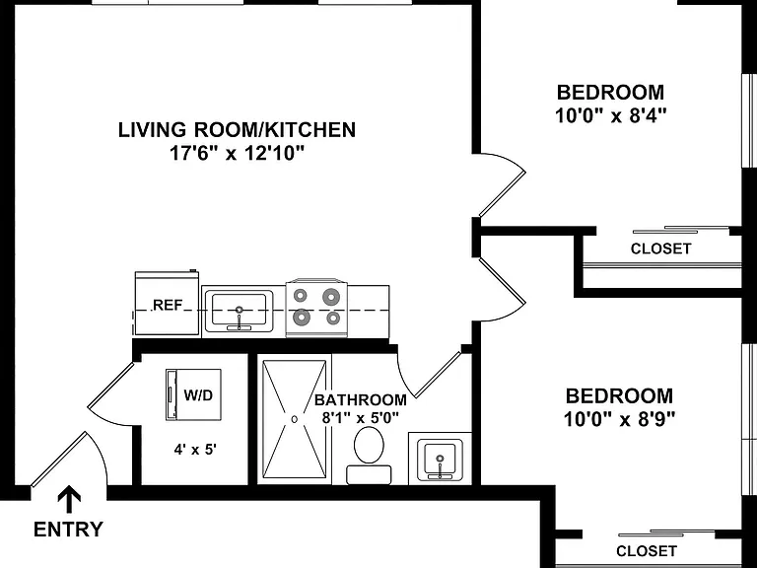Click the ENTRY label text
coord(68,530)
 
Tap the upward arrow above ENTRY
coord(69,499)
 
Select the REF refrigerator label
coord(168,306)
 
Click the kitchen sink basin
coord(239,312)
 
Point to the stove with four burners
coord(316,308)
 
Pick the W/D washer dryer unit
coord(193,394)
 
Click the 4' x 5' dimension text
coord(195,450)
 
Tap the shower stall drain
coord(294,419)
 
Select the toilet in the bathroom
coord(369,455)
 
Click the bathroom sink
coord(440,459)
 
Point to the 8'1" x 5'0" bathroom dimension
coord(360,417)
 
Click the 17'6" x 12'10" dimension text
coord(237,153)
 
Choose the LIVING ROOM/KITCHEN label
coord(237,130)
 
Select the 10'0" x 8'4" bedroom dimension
coord(611,115)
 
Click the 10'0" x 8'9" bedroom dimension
coord(619,419)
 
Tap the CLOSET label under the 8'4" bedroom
coord(661,248)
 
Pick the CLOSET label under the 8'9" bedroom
coord(647,551)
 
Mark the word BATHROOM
coord(360,400)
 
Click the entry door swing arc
coord(101,454)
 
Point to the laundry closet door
coord(111,385)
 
